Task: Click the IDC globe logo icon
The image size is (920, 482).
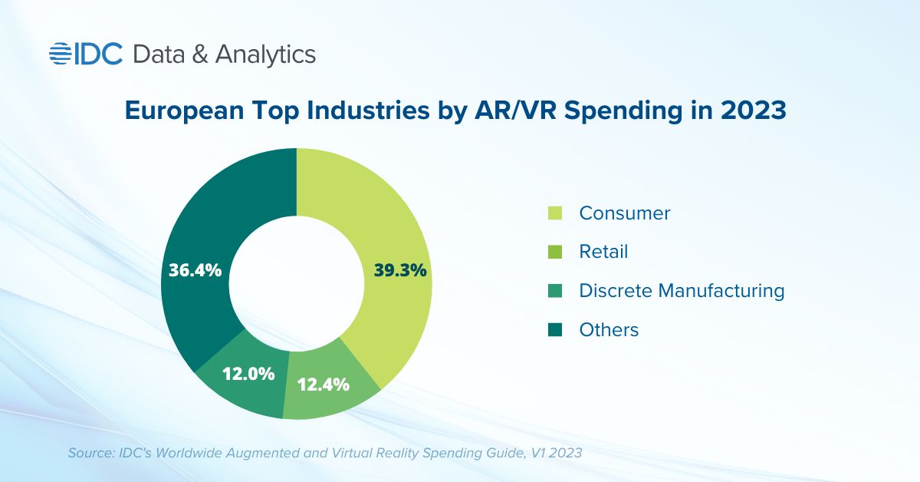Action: pyautogui.click(x=61, y=54)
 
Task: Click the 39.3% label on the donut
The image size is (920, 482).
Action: pyautogui.click(x=400, y=270)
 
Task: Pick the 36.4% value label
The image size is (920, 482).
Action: pyautogui.click(x=195, y=270)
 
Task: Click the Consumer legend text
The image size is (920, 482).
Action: pyautogui.click(x=625, y=213)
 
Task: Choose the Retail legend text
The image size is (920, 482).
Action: pyautogui.click(x=603, y=252)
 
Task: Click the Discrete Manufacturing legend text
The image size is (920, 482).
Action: pyautogui.click(x=682, y=291)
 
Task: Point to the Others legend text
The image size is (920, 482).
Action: pyautogui.click(x=609, y=330)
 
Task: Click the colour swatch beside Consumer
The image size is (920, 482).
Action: pyautogui.click(x=556, y=213)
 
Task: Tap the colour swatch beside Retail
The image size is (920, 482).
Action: pyautogui.click(x=556, y=252)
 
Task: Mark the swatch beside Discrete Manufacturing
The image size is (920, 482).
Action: pyautogui.click(x=556, y=291)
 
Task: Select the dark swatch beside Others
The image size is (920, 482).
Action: pyautogui.click(x=556, y=330)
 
